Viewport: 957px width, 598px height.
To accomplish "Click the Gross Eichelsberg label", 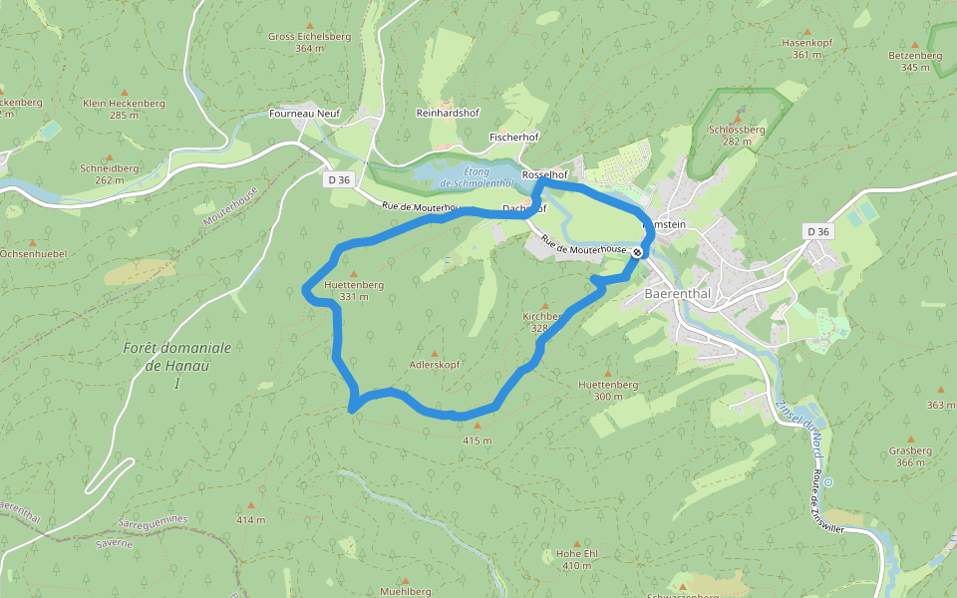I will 309,37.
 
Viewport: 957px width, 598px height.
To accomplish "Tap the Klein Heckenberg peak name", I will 124,103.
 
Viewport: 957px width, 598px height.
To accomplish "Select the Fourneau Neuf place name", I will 304,114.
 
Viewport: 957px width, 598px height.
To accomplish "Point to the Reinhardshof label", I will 448,114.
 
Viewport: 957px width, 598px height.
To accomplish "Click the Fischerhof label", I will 514,136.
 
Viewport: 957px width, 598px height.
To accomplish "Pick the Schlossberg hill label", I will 737,130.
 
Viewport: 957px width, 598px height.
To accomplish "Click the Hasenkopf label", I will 806,43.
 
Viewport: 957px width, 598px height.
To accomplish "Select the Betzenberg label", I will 914,56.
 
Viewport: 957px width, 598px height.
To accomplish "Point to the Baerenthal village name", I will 678,294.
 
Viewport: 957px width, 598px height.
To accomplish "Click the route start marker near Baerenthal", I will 637,252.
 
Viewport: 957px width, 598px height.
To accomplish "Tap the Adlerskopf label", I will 435,365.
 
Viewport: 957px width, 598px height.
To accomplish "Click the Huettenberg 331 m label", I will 354,285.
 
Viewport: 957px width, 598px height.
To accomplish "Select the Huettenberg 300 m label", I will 607,384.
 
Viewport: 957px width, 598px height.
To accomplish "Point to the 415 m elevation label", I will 478,440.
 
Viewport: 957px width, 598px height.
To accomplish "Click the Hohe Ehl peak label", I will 576,553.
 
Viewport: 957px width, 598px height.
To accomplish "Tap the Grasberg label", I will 910,450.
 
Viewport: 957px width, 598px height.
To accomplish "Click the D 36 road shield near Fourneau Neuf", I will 339,180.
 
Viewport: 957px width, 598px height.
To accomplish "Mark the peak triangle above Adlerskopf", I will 434,353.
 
